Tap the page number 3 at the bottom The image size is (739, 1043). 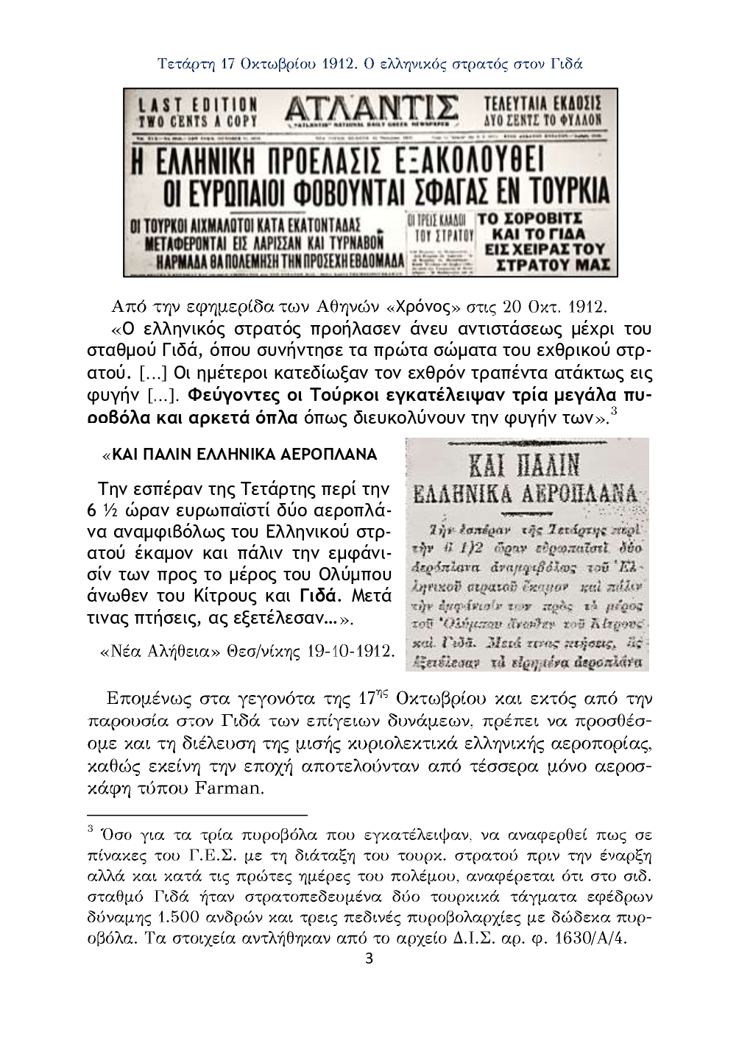click(369, 959)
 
